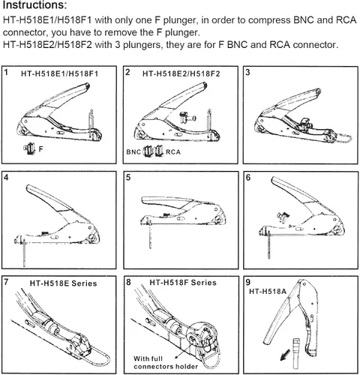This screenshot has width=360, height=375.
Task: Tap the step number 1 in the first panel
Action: click(7, 73)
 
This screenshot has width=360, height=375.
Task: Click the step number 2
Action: click(128, 73)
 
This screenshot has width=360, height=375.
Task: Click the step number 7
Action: click(7, 283)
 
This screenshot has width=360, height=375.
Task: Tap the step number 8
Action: click(128, 283)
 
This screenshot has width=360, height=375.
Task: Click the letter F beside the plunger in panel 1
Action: click(41, 149)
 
